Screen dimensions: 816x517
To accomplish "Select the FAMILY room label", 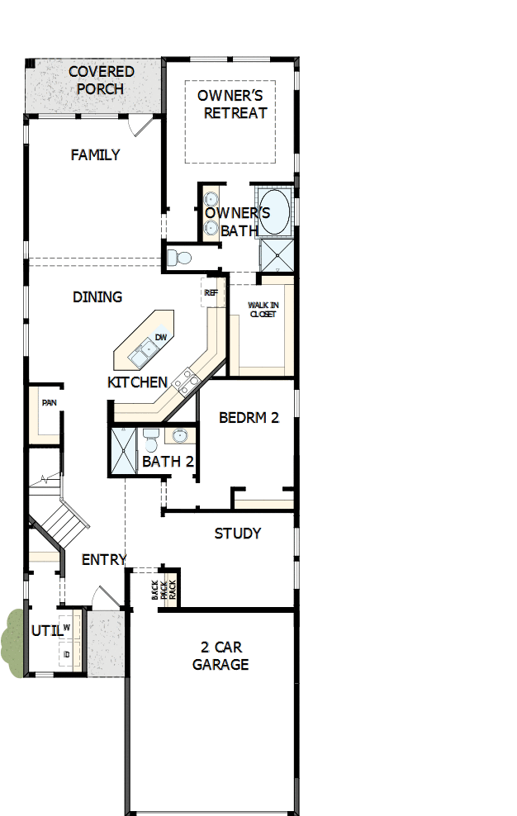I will [95, 154].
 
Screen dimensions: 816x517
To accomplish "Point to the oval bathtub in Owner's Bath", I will [274, 211].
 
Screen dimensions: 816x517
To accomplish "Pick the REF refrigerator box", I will [211, 292].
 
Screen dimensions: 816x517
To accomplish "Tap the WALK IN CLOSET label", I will [263, 310].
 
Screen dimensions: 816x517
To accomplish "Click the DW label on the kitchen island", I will [161, 338].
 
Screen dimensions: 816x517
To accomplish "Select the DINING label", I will [97, 297].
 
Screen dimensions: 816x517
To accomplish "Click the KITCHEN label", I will [137, 382].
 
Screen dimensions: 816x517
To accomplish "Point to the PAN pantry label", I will [49, 403].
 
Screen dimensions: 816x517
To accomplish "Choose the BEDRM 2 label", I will [249, 418].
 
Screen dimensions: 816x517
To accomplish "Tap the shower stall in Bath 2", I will [124, 451].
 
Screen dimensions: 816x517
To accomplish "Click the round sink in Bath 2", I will [180, 435].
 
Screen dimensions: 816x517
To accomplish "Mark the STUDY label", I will [238, 534].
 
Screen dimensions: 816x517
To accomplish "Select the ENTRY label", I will [103, 560].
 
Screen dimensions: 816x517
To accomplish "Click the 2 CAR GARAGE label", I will [221, 656].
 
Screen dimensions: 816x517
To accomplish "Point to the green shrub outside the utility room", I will [14, 643].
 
